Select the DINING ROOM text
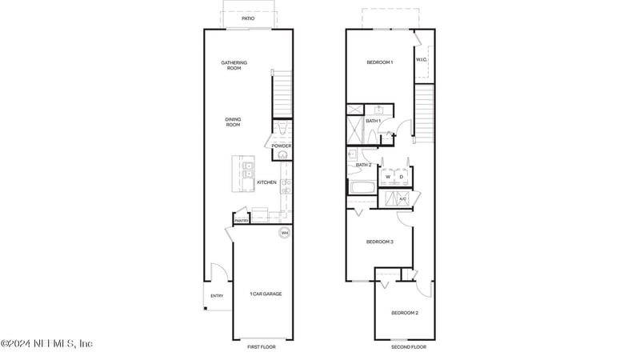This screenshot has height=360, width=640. (x=233, y=122)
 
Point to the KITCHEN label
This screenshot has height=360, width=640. (x=266, y=182)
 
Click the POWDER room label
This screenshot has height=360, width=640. (x=282, y=146)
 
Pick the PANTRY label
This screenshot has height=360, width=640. (x=242, y=221)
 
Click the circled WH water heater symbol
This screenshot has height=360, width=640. (x=283, y=234)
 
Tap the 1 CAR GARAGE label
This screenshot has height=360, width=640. (x=265, y=294)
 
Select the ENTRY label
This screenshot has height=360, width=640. (x=217, y=296)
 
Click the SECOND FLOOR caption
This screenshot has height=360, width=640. (x=408, y=347)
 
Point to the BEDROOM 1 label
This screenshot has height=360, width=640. (x=380, y=62)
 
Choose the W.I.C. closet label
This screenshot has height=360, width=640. (x=422, y=59)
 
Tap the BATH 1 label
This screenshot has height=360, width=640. (x=374, y=121)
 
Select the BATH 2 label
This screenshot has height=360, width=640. (x=364, y=165)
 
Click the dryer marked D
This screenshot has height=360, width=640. (x=402, y=177)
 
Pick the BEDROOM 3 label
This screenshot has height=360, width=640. (x=380, y=242)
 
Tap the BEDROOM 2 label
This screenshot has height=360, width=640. (x=405, y=313)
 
